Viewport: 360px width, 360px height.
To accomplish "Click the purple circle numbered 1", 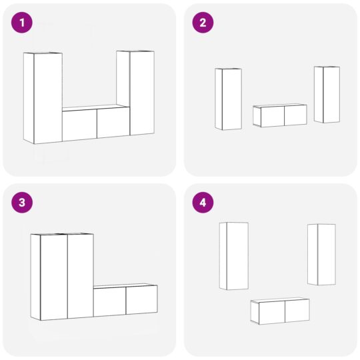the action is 22,23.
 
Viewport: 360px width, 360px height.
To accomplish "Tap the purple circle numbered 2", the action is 203,23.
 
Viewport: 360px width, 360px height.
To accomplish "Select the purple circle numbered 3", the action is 22,203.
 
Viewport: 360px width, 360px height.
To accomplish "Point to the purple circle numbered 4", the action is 203,203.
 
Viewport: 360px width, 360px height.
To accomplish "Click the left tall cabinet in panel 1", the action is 43,98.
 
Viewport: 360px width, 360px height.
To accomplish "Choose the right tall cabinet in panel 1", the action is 135,93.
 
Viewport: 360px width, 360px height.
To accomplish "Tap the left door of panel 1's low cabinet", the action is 80,125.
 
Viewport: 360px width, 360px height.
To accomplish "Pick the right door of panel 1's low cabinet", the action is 113,123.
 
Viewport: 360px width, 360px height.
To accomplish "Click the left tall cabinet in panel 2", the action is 229,99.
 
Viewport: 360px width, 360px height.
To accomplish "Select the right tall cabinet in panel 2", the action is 327,95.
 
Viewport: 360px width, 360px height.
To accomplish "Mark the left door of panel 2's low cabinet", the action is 273,116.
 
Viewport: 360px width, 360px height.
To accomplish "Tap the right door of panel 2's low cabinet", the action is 295,115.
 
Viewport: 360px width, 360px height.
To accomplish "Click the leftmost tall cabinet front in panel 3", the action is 54,277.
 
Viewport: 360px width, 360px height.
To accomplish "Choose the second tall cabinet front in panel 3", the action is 81,276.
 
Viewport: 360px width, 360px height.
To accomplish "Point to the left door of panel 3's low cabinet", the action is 110,302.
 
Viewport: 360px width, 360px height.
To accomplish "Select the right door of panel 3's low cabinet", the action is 141,300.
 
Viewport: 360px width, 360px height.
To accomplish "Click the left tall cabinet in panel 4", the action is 234,256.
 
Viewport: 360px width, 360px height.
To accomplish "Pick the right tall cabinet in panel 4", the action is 321,255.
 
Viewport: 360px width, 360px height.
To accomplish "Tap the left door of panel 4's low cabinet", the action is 272,312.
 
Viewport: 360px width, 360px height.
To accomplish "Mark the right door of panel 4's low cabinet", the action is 297,311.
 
